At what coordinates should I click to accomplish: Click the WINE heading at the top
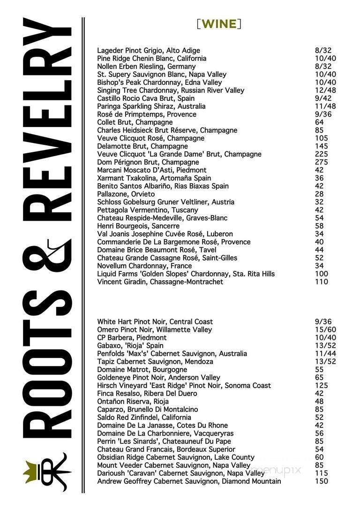pyautogui.click(x=219, y=23)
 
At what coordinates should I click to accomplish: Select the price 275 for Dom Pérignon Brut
pyautogui.click(x=322, y=162)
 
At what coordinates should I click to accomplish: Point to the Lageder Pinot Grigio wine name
pyautogui.click(x=149, y=51)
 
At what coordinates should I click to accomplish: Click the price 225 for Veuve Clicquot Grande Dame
pyautogui.click(x=322, y=154)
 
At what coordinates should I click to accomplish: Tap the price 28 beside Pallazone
pyautogui.click(x=320, y=194)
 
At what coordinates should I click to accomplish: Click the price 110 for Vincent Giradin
pyautogui.click(x=322, y=282)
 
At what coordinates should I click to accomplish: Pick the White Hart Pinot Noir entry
pyautogui.click(x=155, y=322)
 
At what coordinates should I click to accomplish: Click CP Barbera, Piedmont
pyautogui.click(x=132, y=337)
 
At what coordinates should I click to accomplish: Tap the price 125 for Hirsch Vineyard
pyautogui.click(x=322, y=385)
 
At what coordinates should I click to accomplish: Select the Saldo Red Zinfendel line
pyautogui.click(x=144, y=417)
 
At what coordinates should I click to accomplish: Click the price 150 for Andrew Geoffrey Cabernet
pyautogui.click(x=322, y=481)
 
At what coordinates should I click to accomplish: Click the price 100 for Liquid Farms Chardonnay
pyautogui.click(x=322, y=274)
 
